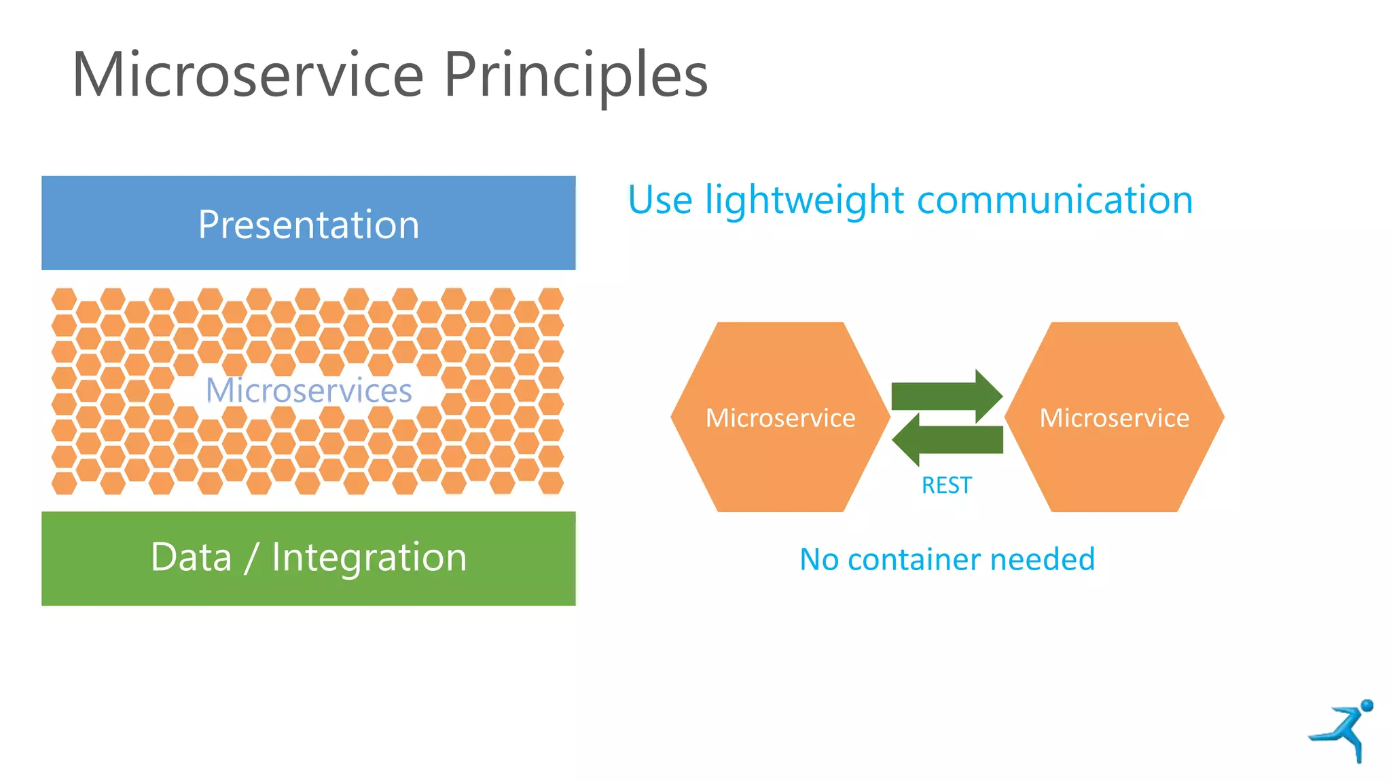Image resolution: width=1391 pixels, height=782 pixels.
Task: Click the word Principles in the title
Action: click(576, 76)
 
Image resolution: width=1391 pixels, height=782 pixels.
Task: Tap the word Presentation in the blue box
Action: click(308, 225)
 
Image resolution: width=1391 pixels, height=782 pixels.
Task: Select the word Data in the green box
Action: click(191, 558)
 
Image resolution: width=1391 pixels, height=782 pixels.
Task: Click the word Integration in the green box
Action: click(369, 558)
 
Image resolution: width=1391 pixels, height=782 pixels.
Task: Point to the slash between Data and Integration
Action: click(251, 559)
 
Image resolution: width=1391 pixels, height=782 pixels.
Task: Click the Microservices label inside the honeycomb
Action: click(308, 390)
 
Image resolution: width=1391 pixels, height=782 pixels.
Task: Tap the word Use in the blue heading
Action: click(660, 200)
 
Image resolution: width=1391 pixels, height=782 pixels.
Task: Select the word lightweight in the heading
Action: click(804, 202)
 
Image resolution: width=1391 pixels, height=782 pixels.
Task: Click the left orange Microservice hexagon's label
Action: click(780, 418)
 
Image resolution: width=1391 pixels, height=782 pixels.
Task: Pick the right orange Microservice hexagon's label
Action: click(1114, 418)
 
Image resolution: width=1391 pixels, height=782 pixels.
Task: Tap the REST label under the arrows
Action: click(946, 485)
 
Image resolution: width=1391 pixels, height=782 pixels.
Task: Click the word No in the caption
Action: click(818, 559)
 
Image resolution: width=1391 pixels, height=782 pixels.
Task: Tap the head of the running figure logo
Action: click(1367, 705)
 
